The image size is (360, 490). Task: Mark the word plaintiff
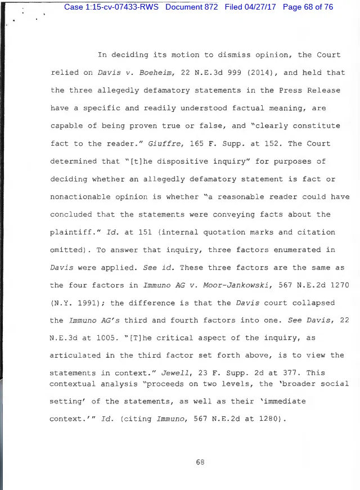[x=71, y=232]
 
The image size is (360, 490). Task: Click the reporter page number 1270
[x=337, y=285]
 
